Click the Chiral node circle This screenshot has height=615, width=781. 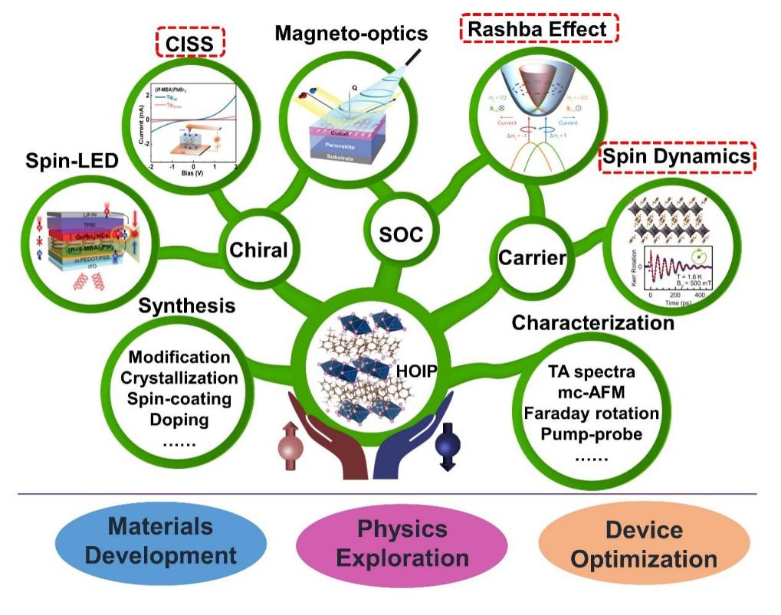point(258,250)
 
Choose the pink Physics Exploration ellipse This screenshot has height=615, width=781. point(402,542)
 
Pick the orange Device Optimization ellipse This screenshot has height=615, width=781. point(644,542)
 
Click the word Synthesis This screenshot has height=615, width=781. point(186,306)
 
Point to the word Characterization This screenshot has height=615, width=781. point(592,322)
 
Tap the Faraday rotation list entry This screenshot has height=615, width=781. point(591,414)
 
